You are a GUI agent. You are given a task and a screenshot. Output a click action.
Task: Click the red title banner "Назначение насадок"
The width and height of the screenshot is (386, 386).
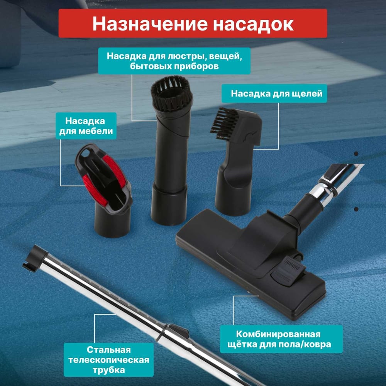click(x=193, y=24)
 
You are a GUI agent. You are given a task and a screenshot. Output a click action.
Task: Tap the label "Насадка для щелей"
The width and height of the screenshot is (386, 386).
click(x=274, y=93)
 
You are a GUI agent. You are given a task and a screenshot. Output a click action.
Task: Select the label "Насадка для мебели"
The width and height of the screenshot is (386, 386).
click(x=86, y=126)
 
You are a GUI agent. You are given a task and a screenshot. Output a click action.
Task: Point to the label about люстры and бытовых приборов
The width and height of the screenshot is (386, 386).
click(x=174, y=61)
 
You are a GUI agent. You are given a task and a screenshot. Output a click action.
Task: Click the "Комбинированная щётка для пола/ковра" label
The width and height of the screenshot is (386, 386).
click(x=281, y=339)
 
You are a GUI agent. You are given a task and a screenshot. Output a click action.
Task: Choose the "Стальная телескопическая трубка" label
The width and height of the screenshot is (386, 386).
click(x=108, y=360)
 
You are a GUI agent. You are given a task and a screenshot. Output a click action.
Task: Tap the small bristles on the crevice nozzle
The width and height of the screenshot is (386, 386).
click(x=223, y=122)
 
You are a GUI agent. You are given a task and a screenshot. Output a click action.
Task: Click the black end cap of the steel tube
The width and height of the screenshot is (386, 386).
click(x=34, y=258)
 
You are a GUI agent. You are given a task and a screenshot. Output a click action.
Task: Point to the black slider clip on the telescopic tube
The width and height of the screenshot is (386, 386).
click(x=178, y=331)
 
